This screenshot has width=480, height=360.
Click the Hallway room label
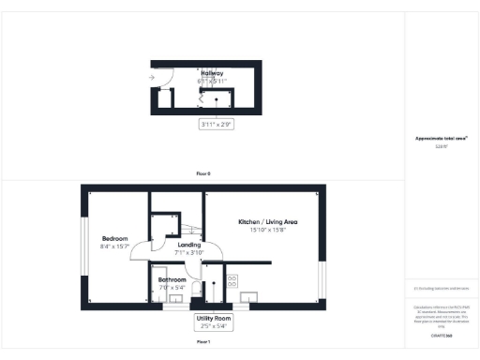coord(212,72)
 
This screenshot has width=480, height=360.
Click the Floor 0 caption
coord(203,174)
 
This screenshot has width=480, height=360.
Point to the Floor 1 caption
coord(203,343)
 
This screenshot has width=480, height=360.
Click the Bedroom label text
coord(115,239)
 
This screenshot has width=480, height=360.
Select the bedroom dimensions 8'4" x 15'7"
coord(115,247)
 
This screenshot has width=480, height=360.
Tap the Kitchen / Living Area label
coord(267,221)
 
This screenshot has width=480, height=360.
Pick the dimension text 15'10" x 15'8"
coord(267,230)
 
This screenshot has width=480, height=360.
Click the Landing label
coord(189,244)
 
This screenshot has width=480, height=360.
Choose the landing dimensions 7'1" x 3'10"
coord(189,252)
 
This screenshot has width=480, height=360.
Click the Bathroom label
coord(172,279)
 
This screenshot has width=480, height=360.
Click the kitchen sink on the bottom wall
coord(248,298)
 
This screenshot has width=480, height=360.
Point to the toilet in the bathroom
coord(191,287)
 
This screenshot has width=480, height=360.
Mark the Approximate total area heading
coord(441,139)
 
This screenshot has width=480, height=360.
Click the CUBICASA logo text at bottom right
coord(441,335)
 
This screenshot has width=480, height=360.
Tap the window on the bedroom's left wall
coord(82,247)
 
